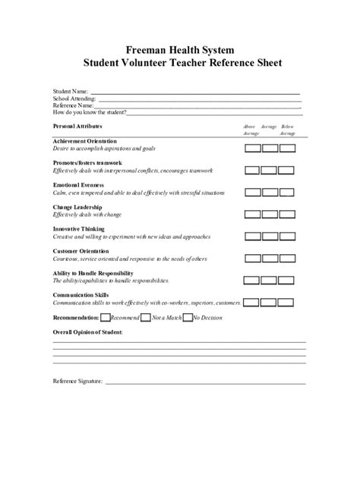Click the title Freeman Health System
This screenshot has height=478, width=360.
point(180,46)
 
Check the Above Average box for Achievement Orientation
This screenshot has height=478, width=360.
point(252,148)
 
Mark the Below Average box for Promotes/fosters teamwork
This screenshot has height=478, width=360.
point(287,170)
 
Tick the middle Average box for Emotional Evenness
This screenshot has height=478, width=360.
point(270,192)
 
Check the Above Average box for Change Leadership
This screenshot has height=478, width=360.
point(252,214)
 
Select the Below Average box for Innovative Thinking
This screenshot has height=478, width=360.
point(287,236)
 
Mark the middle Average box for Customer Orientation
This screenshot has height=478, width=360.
point(270,258)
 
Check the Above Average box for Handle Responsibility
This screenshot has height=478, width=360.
point(252,280)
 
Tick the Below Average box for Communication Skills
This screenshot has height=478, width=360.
point(287,302)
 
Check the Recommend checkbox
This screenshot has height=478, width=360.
point(106,317)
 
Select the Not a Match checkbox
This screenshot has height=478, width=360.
point(147,317)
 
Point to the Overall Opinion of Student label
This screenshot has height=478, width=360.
point(88,332)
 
